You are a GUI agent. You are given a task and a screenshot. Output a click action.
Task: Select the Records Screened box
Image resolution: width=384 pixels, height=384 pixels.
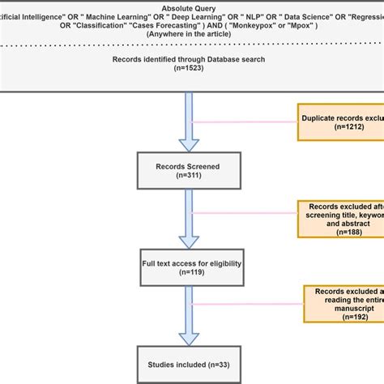tap(188, 172)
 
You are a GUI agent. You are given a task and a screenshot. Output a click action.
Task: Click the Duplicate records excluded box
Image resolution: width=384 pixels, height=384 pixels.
tap(340, 124)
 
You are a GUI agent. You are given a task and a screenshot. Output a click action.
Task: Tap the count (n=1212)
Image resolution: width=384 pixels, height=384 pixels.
tap(340, 130)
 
